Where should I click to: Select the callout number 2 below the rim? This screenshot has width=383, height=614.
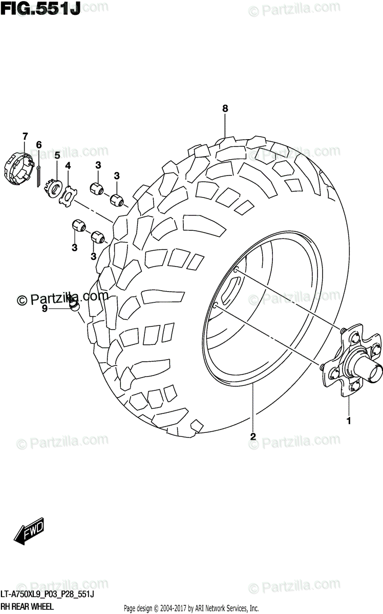(x=252, y=436)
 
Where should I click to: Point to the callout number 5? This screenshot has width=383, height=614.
(x=57, y=155)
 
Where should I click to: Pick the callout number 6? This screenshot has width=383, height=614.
(x=38, y=145)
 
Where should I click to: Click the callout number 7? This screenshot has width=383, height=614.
(x=24, y=136)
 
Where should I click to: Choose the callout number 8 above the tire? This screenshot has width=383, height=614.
(x=225, y=108)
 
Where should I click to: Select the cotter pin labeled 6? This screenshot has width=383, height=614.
(x=39, y=174)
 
